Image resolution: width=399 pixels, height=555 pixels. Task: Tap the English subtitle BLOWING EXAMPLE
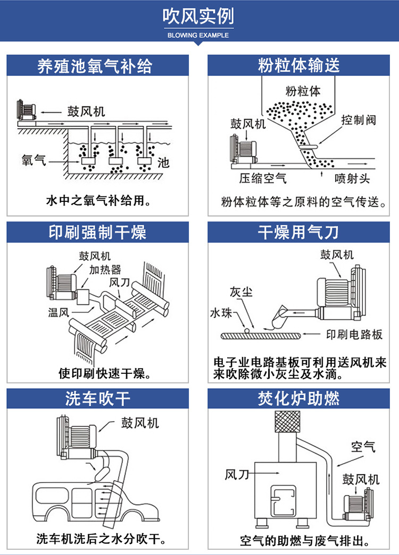click(x=198, y=36)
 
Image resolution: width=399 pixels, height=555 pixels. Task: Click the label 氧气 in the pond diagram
click(x=34, y=159)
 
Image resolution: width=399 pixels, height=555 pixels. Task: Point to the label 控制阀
click(x=359, y=120)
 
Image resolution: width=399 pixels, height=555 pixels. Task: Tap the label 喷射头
click(x=352, y=178)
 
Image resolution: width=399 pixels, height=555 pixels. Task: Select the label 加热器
click(x=105, y=270)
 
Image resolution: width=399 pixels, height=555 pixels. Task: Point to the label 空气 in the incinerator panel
click(x=363, y=446)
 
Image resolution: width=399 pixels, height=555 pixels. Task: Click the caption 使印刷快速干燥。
click(x=105, y=373)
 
